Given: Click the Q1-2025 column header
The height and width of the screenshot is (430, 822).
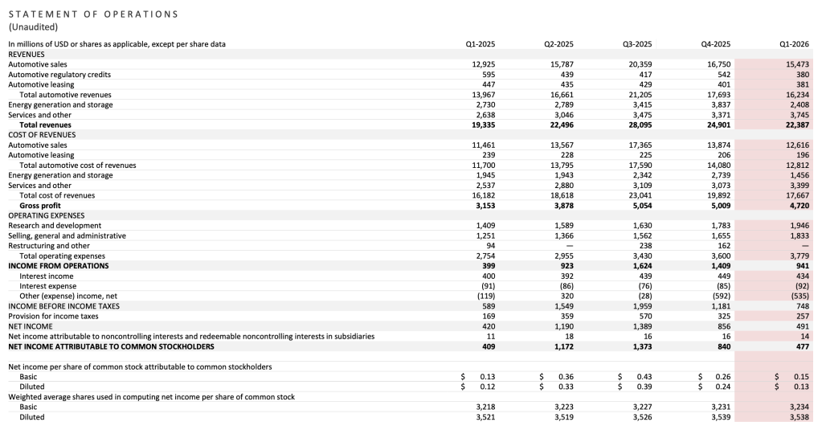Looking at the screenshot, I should [x=480, y=44].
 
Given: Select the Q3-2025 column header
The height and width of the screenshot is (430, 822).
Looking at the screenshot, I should [x=638, y=44].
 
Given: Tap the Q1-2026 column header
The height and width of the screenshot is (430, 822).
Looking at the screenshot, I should [x=795, y=44].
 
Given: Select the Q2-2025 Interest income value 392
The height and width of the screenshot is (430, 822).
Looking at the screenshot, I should [x=567, y=276].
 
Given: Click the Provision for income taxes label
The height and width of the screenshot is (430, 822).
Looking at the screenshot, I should [x=54, y=317].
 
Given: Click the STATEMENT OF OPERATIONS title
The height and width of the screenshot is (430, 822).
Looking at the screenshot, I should [x=93, y=14].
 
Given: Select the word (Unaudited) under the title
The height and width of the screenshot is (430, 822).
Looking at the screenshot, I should [x=33, y=27].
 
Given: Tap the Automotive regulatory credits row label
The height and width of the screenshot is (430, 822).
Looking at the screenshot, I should [x=59, y=75].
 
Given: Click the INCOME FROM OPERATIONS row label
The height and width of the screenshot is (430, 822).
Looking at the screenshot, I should [x=58, y=266].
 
